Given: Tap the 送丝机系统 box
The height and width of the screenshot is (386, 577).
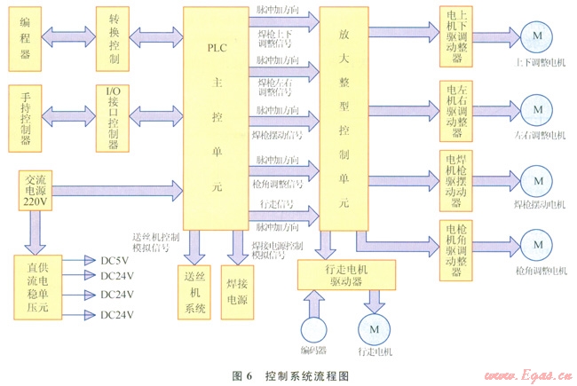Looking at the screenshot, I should coord(194,290).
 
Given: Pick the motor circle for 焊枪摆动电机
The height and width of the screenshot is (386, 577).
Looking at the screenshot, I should coord(535,177).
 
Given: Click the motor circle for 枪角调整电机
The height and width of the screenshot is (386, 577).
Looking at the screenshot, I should coord(535,245).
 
